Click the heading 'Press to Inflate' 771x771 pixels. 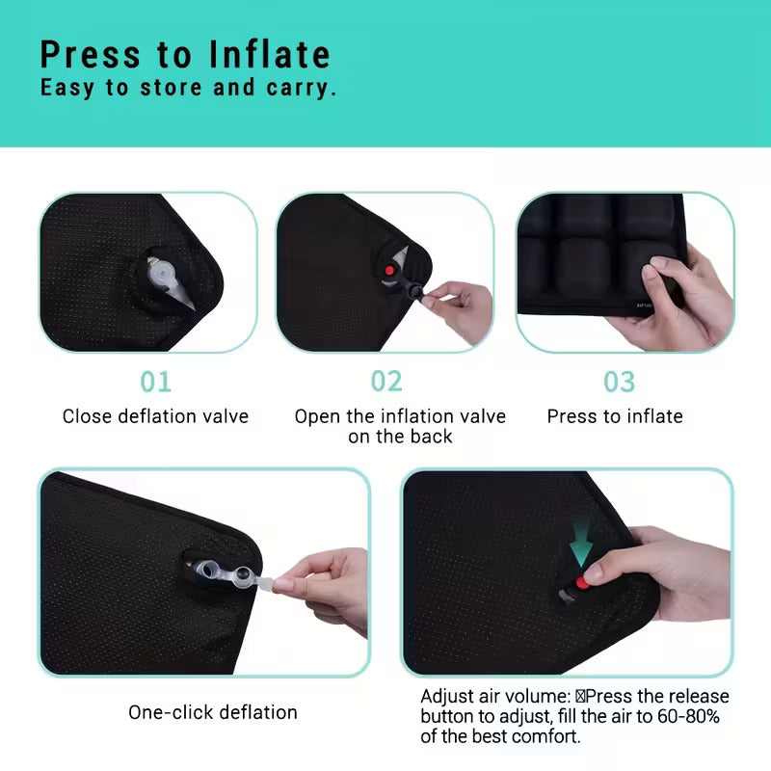pos(185,54)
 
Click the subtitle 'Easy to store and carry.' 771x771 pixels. pos(188,88)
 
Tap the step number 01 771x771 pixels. pos(155,382)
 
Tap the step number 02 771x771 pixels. pos(386,382)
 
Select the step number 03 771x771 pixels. pos(619,382)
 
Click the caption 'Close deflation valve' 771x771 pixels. pos(155,416)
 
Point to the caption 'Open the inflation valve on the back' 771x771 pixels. pos(399,426)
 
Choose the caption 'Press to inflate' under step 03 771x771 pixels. pos(615,416)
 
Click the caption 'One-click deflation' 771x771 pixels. pos(213,712)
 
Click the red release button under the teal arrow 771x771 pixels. pos(581,583)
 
